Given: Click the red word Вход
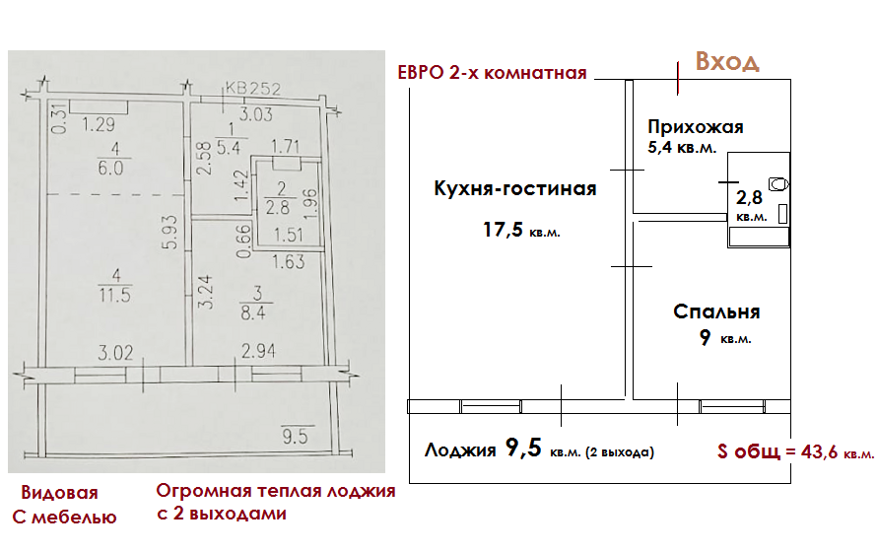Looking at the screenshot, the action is pyautogui.click(x=727, y=61).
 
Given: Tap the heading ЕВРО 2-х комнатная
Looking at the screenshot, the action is pyautogui.click(x=492, y=73).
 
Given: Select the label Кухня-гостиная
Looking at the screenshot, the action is pyautogui.click(x=514, y=189).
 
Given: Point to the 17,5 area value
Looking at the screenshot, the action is pyautogui.click(x=500, y=232).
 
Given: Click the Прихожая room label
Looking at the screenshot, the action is pyautogui.click(x=695, y=127).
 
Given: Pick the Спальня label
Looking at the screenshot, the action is pyautogui.click(x=716, y=311).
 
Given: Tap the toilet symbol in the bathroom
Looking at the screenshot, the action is pyautogui.click(x=779, y=183).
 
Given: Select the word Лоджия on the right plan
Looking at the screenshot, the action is pyautogui.click(x=460, y=451).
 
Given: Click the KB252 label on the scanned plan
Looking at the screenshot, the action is pyautogui.click(x=253, y=90).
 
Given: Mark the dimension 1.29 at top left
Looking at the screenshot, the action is pyautogui.click(x=101, y=124).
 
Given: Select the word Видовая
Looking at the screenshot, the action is pyautogui.click(x=60, y=492).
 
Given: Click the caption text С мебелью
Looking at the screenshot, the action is pyautogui.click(x=64, y=517).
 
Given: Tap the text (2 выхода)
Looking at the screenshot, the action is pyautogui.click(x=621, y=452).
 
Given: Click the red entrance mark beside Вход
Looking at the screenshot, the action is pyautogui.click(x=678, y=77).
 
